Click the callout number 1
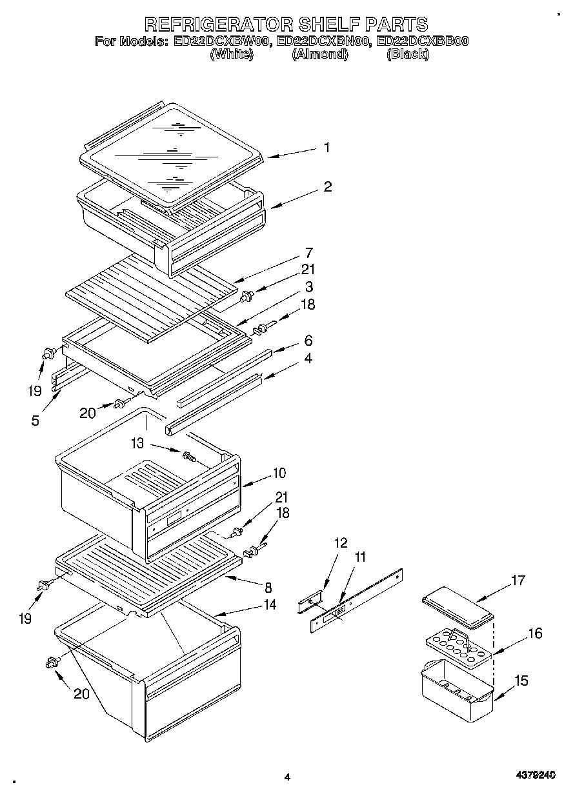click(x=327, y=148)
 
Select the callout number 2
click(x=328, y=187)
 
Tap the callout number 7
click(x=309, y=252)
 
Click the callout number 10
click(x=279, y=473)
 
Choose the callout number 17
click(x=518, y=581)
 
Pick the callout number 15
click(x=521, y=681)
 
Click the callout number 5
click(x=35, y=421)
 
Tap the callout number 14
click(x=268, y=604)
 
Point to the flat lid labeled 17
click(x=458, y=608)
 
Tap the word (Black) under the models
click(x=407, y=55)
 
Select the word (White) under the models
click(x=230, y=55)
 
